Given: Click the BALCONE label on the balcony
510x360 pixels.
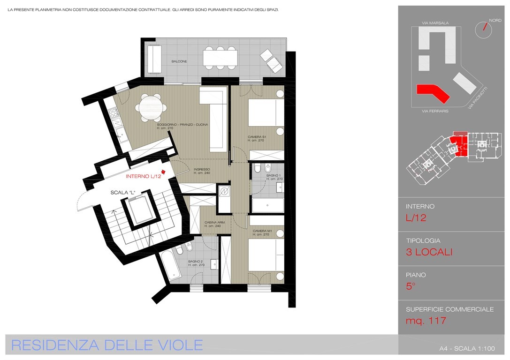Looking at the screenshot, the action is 179,61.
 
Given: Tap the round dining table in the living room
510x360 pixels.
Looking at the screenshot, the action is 151,107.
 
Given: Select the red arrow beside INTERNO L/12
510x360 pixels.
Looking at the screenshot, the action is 164,172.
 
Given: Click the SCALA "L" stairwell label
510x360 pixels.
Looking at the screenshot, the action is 123,193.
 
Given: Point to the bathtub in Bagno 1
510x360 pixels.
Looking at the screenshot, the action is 268,205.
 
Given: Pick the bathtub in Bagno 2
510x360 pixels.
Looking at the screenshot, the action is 170,266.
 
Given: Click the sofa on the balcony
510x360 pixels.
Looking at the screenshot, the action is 154,60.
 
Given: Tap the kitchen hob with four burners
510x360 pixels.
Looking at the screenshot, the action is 114,113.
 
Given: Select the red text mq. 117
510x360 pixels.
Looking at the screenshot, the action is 426,321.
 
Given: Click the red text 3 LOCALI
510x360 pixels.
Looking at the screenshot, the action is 429,252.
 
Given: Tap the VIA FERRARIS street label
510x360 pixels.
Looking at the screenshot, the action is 435,111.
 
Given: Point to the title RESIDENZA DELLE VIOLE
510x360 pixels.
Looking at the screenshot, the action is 107,345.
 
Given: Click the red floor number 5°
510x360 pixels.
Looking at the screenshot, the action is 411,286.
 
